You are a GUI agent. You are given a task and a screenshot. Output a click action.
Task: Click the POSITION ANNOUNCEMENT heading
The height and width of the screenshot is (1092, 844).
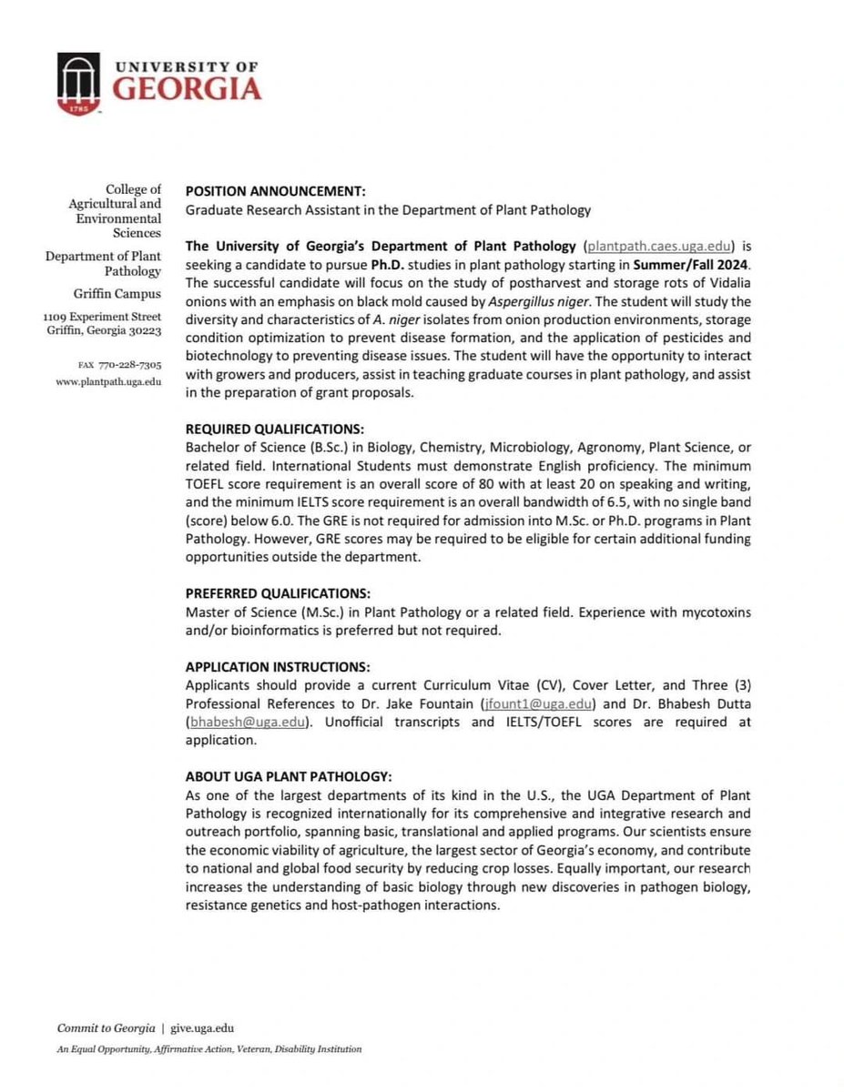[x=275, y=191]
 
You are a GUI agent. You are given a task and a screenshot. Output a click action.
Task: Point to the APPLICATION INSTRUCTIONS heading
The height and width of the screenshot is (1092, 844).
[x=278, y=667]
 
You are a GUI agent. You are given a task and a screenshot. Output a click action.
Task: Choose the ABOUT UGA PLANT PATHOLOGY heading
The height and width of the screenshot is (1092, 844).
[x=289, y=776]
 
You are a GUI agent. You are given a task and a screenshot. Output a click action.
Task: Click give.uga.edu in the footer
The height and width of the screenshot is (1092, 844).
[x=202, y=1027]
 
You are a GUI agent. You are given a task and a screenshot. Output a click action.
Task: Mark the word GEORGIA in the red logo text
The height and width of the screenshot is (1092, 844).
[x=188, y=89]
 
